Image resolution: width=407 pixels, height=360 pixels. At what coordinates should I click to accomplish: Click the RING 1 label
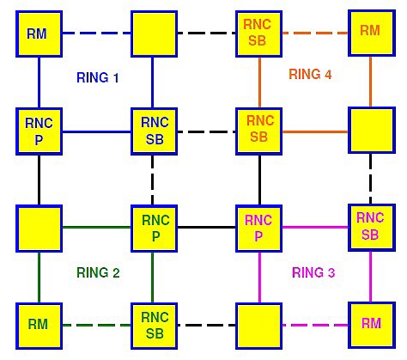(98, 77)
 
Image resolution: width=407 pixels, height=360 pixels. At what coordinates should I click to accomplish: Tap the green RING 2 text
(98, 272)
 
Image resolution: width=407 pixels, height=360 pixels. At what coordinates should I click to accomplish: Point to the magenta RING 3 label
(313, 272)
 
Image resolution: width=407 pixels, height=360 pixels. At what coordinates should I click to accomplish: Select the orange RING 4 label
(310, 74)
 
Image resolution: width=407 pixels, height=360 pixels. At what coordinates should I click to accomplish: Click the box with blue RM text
(39, 34)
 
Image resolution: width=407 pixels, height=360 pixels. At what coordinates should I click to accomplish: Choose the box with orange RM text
(372, 33)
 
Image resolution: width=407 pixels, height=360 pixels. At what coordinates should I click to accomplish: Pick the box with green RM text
(39, 326)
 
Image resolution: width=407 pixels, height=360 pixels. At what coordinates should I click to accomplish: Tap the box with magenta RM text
(372, 326)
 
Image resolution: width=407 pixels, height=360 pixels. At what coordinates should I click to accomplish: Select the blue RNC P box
(39, 131)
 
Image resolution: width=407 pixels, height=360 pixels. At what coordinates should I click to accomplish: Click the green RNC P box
(154, 229)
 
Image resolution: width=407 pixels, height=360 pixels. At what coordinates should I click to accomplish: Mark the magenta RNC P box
(258, 229)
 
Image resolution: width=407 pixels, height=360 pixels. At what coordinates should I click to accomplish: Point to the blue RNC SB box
(154, 131)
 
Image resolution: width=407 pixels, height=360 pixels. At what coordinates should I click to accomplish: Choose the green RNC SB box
(154, 326)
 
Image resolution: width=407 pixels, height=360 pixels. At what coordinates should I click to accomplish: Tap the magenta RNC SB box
(372, 228)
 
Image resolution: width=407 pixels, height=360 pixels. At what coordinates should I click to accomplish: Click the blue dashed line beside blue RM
(97, 34)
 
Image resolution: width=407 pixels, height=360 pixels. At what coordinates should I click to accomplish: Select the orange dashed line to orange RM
(315, 33)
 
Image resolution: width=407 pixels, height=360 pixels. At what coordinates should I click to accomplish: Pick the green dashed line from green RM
(97, 325)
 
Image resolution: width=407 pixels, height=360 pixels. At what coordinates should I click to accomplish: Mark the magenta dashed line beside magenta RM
(315, 325)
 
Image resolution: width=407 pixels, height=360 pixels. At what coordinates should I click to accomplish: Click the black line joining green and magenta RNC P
(207, 228)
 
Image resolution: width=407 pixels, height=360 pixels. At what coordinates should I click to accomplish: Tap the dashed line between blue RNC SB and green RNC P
(152, 180)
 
